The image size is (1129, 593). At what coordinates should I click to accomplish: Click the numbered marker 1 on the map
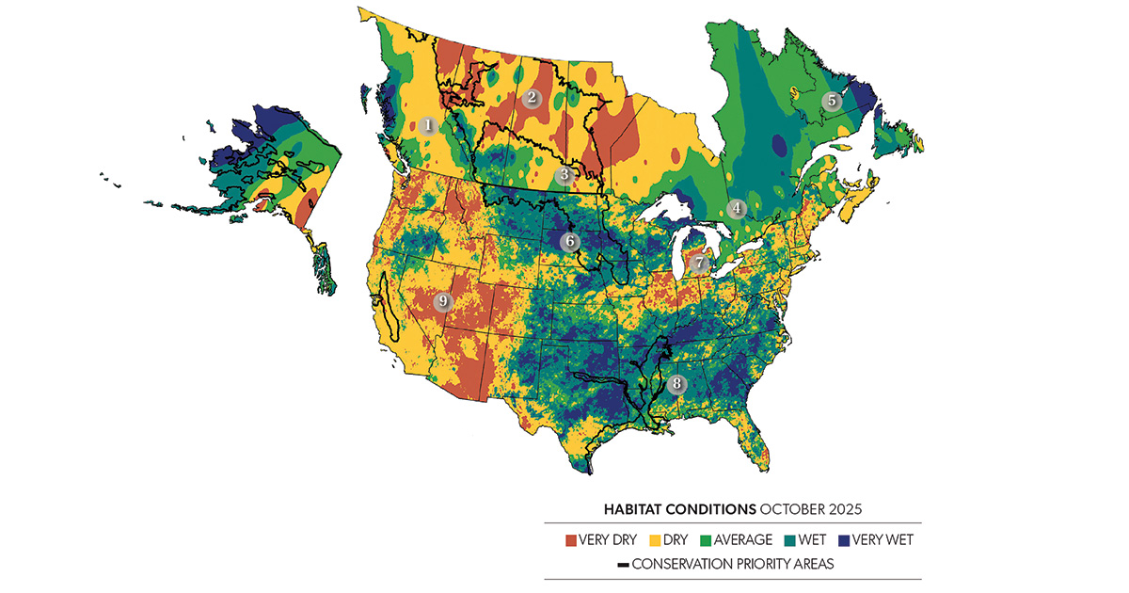[428, 124]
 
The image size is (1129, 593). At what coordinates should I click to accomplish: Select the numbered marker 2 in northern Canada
[532, 97]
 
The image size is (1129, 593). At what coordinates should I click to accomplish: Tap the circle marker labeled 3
[564, 174]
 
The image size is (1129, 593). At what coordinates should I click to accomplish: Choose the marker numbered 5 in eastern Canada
[832, 101]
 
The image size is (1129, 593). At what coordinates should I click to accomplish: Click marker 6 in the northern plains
[569, 241]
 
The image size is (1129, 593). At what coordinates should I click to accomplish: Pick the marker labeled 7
[698, 264]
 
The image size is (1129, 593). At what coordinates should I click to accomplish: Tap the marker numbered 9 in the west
[443, 302]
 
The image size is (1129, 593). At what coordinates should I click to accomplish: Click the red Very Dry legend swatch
[571, 540]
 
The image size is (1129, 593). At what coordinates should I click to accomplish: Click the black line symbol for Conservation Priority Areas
[623, 565]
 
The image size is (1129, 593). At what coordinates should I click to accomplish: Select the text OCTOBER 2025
[812, 509]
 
